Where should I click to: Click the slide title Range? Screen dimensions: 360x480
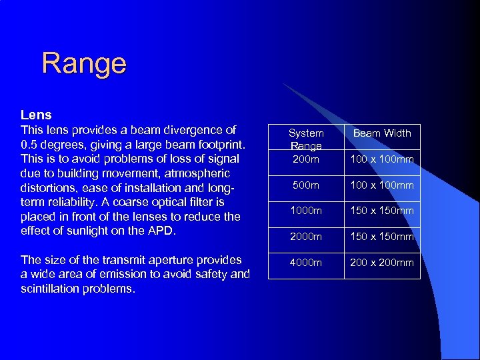click(83, 63)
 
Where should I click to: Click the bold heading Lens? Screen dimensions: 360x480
click(36, 115)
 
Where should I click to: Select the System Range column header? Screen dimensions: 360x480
click(306, 139)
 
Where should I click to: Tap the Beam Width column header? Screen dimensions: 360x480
click(382, 133)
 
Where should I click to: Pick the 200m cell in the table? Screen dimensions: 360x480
click(306, 159)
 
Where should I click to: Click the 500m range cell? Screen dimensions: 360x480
click(306, 185)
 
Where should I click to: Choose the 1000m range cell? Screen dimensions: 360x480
click(306, 211)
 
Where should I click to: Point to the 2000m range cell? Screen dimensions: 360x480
click(306, 237)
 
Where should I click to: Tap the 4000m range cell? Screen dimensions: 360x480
click(306, 262)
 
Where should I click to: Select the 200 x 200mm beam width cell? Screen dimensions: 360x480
click(382, 262)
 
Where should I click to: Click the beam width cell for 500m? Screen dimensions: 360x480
click(382, 185)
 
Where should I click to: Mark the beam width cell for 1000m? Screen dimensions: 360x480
click(382, 211)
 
